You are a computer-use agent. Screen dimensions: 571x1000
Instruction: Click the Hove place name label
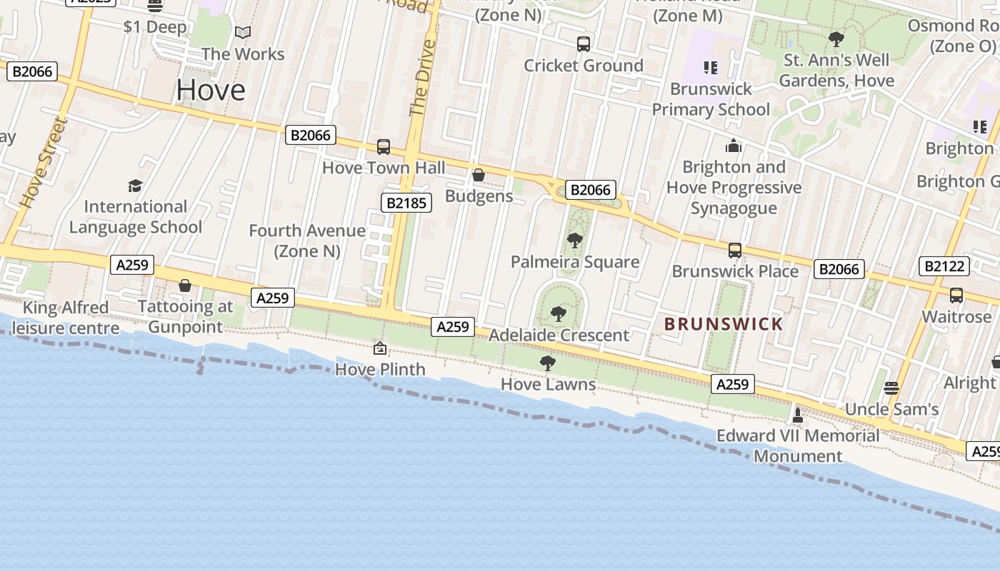tap(211, 90)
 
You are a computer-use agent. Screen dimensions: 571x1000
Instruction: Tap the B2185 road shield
tap(406, 203)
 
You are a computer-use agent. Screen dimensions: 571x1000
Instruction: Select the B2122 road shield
tap(945, 266)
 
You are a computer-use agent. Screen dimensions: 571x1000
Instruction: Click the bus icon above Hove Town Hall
tap(384, 147)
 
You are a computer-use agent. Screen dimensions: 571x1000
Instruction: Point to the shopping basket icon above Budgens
tap(479, 175)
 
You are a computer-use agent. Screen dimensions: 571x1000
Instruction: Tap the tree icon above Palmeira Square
tap(574, 241)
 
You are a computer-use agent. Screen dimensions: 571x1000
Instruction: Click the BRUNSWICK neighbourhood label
tap(724, 324)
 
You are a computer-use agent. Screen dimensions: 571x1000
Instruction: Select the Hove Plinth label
tap(380, 369)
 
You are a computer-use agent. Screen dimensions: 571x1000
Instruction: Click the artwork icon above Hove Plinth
tap(380, 348)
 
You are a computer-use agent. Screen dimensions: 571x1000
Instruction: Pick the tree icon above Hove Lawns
tap(548, 363)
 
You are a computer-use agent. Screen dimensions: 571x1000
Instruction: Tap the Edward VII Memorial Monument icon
tap(798, 414)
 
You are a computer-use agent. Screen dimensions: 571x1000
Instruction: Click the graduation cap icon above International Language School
tap(135, 186)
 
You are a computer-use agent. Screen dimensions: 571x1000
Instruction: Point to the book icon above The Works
tap(243, 33)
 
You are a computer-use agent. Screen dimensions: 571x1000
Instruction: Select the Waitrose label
tap(956, 316)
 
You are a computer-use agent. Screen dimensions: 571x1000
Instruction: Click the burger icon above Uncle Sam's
tap(891, 388)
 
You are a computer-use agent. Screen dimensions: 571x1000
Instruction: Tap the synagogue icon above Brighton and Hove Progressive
tap(734, 146)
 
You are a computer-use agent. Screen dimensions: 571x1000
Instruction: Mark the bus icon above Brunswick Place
tap(735, 251)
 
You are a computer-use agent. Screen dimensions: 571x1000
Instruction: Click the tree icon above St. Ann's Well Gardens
tap(836, 39)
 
